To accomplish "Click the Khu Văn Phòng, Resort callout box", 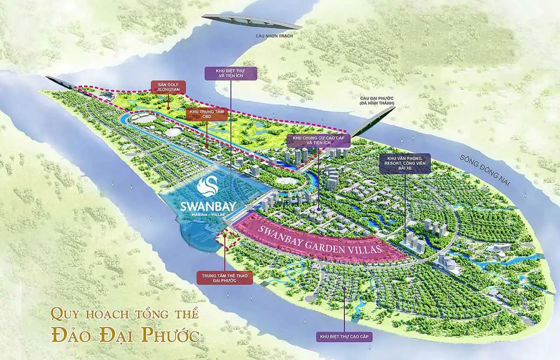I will pos(404,164).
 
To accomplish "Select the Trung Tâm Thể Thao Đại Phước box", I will pos(224,278).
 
